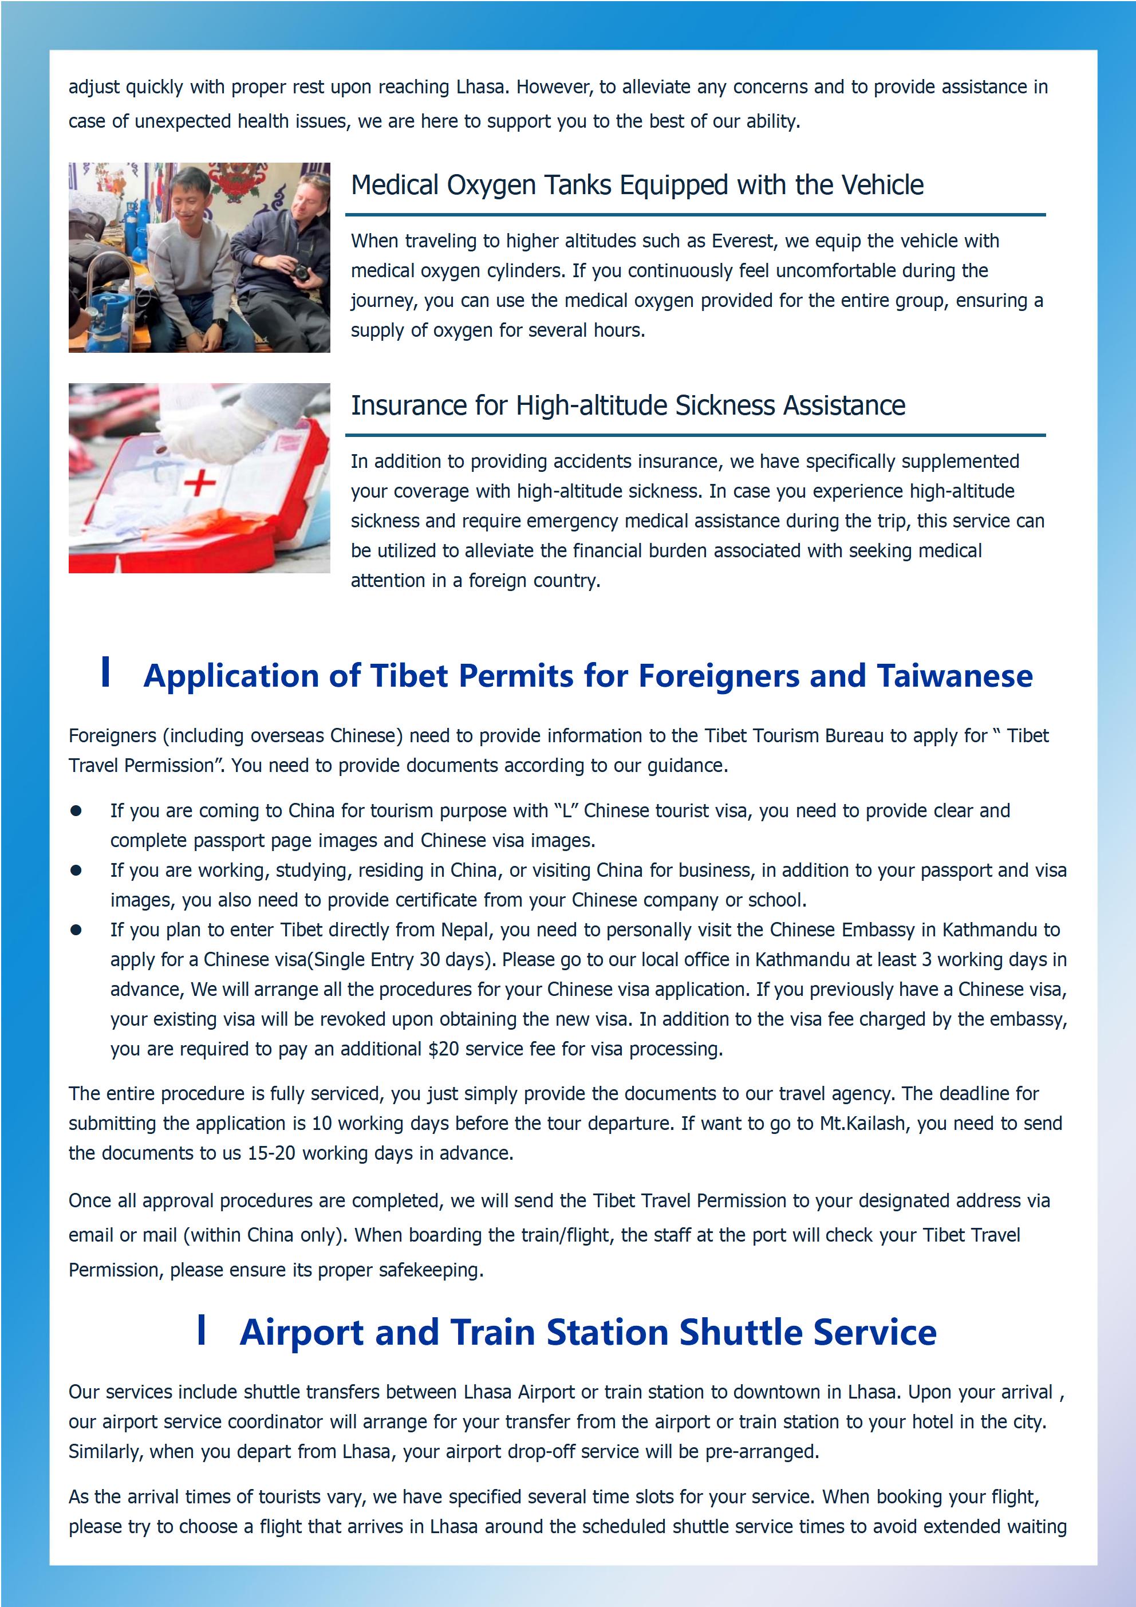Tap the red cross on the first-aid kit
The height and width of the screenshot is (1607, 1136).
pos(199,483)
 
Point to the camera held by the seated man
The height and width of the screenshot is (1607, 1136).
pos(300,272)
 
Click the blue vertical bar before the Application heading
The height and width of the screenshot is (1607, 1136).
pos(106,672)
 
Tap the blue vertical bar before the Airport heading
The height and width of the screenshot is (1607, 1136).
pos(202,1329)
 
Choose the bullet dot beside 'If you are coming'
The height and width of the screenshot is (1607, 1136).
pos(76,811)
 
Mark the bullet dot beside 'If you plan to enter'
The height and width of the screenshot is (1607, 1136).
pos(76,930)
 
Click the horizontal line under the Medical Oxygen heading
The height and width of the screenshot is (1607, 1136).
pos(695,215)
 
